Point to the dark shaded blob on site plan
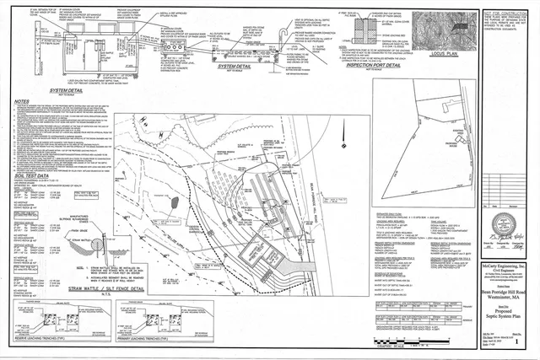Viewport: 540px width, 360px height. tap(175, 203)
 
